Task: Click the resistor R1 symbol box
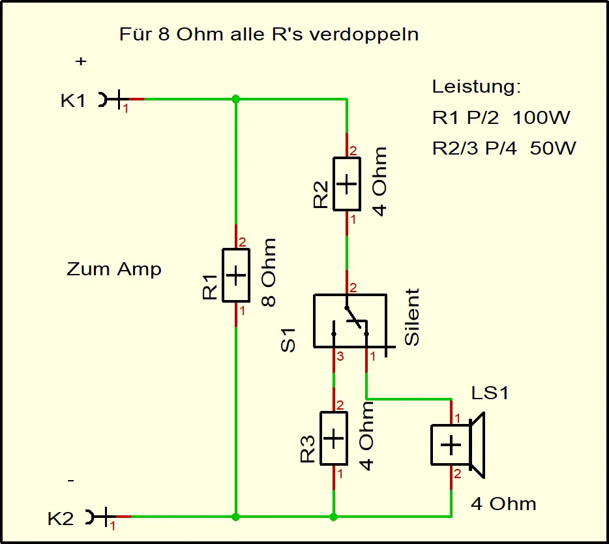coord(236,275)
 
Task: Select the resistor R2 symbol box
coord(346,184)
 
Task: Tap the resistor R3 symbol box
coord(333,438)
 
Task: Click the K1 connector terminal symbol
coord(112,100)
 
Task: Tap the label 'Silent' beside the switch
coord(412,317)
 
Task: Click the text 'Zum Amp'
coord(114,269)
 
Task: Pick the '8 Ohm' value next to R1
coord(268,273)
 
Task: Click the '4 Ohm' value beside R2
coord(379,181)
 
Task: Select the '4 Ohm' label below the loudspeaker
coord(503,504)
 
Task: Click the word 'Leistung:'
coord(477,87)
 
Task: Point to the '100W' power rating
coord(541,118)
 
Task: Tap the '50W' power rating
coord(553,149)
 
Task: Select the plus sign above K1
coord(81,61)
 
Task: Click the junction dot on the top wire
coord(236,99)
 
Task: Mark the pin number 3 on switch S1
coord(339,357)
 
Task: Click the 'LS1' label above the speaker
coord(489,393)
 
